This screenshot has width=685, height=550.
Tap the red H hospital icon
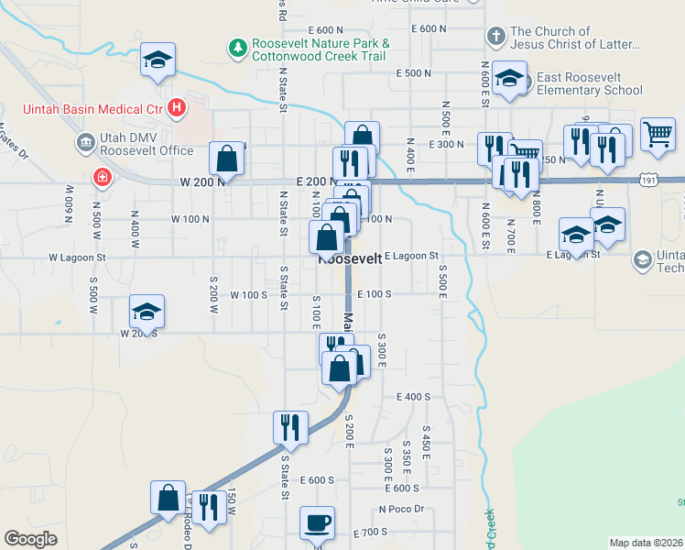178,110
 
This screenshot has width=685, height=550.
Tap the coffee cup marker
318,522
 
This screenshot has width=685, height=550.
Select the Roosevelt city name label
349,259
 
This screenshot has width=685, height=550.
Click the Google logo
30,538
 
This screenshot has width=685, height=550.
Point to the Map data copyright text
647,542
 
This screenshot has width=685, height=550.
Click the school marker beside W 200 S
147,312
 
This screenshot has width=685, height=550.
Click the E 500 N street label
413,72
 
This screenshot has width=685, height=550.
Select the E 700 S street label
370,532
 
